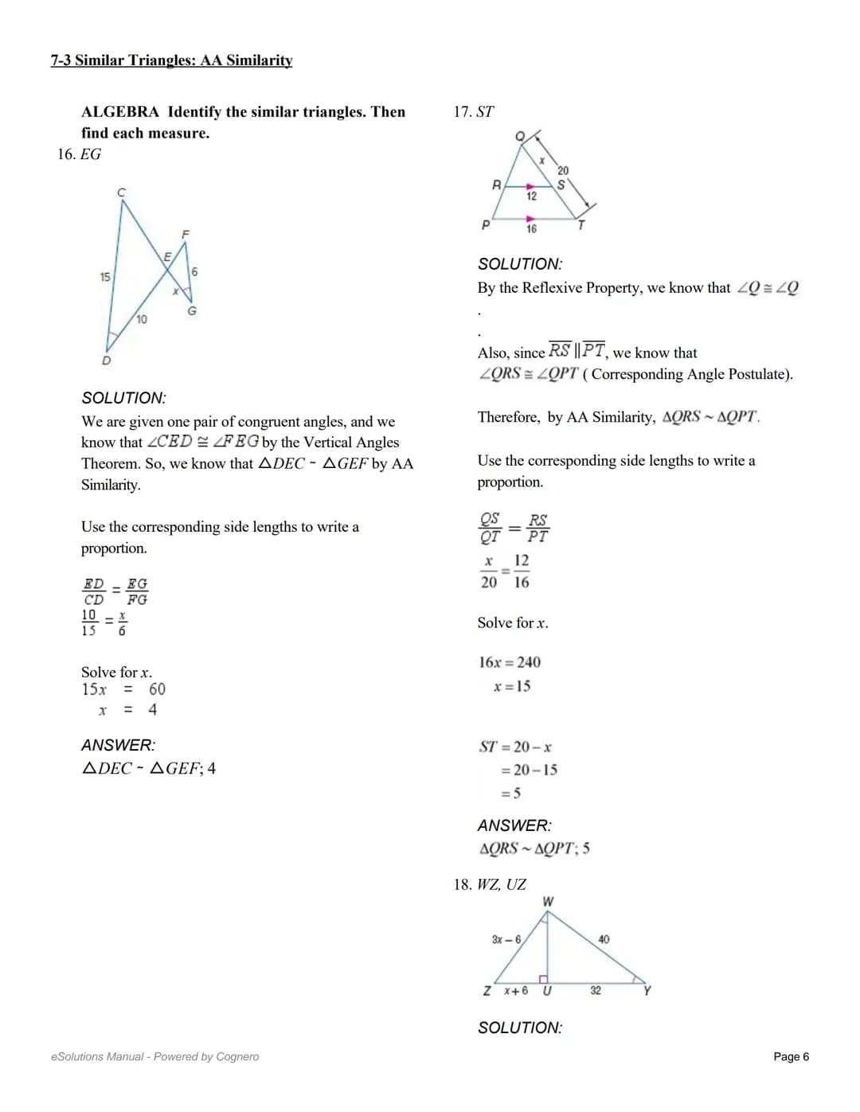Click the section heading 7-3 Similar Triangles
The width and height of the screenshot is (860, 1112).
(x=171, y=60)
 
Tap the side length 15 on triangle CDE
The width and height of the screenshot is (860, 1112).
(x=105, y=277)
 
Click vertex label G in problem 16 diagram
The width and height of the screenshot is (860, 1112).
(x=192, y=311)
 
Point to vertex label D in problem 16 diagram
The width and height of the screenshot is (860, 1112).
(x=106, y=361)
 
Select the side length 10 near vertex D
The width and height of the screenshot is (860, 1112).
(x=141, y=319)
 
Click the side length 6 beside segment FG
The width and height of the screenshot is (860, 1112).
(x=194, y=272)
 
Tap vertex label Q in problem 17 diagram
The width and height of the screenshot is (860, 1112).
(x=519, y=137)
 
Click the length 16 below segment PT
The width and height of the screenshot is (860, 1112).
(x=531, y=229)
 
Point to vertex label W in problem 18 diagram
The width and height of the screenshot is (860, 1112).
(x=548, y=902)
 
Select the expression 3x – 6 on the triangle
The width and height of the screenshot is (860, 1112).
(x=506, y=939)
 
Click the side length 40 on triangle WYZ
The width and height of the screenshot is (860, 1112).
(x=604, y=939)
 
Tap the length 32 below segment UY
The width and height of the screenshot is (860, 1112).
(x=596, y=990)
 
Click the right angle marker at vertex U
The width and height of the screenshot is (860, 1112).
(x=544, y=978)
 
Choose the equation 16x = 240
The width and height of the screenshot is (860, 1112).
(x=510, y=662)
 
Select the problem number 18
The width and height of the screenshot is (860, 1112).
(x=462, y=884)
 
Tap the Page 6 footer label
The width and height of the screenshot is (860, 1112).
(x=791, y=1056)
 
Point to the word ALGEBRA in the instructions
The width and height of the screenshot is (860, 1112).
(x=120, y=112)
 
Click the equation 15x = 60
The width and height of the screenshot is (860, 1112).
(x=123, y=689)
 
